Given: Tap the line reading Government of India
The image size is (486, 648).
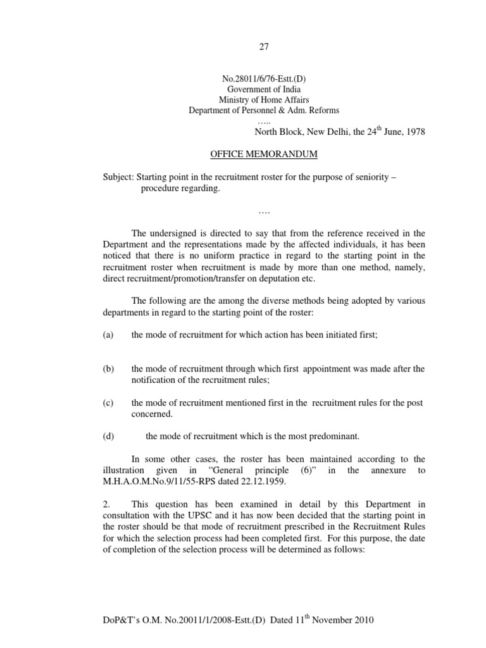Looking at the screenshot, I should pos(265,89).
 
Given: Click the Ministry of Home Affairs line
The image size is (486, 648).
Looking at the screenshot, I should pos(265,99).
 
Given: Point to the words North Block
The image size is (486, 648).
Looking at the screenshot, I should pos(277,132).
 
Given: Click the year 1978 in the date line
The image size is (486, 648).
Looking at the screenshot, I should pos(414,132).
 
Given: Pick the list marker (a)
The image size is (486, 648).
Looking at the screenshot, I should pos(108,335).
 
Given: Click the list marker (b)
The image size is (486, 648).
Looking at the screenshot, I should pos(108,369).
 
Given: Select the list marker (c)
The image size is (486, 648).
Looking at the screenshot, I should pos(108,403).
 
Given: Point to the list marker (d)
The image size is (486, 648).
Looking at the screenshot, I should pos(108,435).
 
